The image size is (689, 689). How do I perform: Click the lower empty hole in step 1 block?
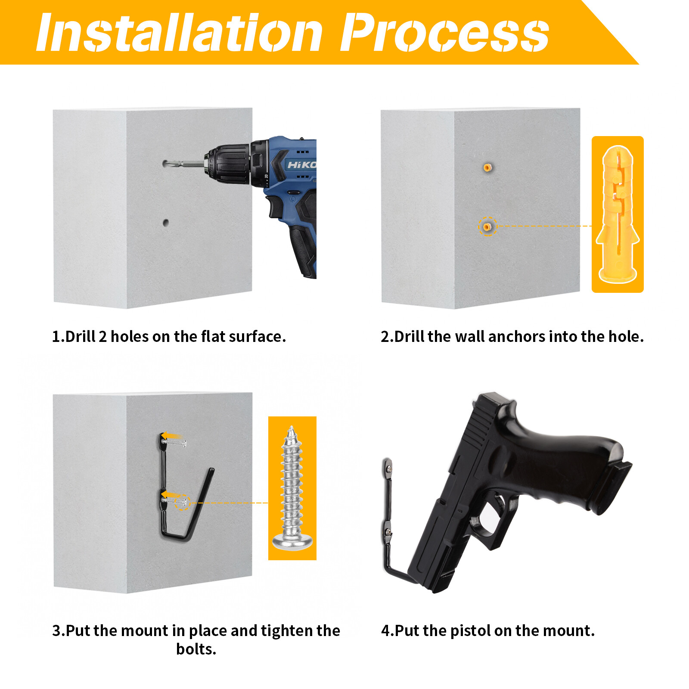166,223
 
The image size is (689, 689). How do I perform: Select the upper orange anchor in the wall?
487,167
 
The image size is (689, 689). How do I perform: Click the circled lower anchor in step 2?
487,227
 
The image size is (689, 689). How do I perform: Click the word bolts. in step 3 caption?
196,649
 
